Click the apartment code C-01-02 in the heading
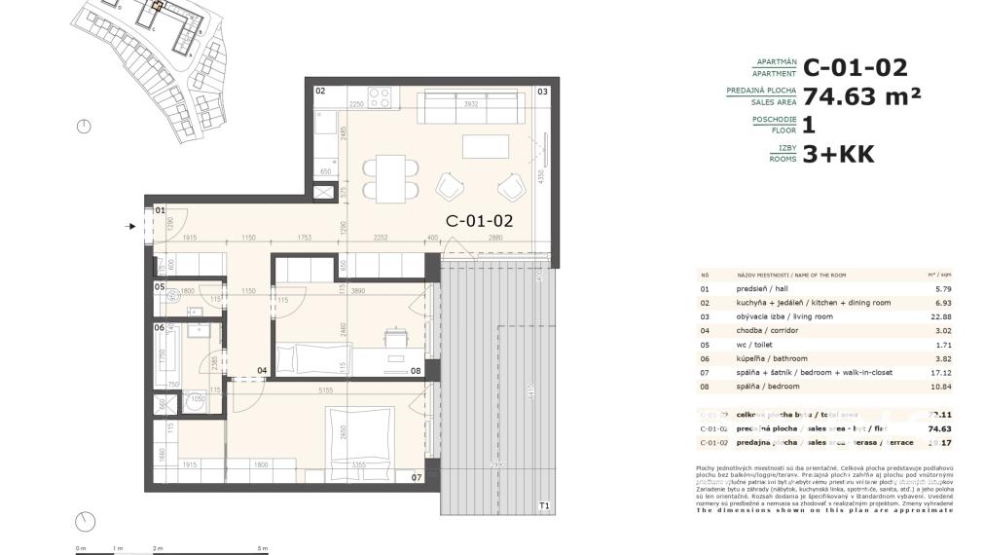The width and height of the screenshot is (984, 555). [x=856, y=67]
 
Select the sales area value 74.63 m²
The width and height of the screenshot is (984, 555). [x=861, y=95]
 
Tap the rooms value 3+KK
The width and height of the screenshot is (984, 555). [x=838, y=154]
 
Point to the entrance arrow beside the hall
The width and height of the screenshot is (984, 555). [x=132, y=227]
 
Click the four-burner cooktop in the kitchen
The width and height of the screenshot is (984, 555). [x=380, y=98]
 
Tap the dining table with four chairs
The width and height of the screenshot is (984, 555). [x=390, y=177]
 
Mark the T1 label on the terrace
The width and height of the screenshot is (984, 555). [x=544, y=505]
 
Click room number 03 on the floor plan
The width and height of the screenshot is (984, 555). [x=542, y=92]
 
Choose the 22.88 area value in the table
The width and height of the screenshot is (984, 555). [x=939, y=316]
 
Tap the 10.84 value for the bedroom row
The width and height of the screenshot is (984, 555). [x=939, y=387]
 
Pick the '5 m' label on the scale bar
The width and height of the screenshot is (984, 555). [x=263, y=549]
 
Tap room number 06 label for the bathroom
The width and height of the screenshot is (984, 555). [x=159, y=327]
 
